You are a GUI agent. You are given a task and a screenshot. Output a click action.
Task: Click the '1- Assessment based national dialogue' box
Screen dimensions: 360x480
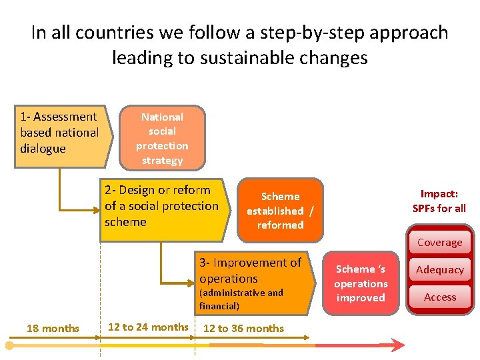coord(61,133)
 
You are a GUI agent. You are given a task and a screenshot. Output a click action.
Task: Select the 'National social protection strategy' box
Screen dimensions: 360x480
coord(162,138)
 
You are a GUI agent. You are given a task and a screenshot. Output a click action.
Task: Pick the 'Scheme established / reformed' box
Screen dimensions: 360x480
coord(280,211)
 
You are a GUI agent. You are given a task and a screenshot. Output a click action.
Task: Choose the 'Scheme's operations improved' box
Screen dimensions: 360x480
coord(361,283)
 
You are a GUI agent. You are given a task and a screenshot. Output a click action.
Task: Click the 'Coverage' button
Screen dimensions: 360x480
coord(440,243)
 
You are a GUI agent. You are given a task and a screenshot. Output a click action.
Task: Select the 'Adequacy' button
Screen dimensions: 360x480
coord(440,270)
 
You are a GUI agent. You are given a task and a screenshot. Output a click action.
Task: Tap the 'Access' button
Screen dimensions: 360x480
coord(440,297)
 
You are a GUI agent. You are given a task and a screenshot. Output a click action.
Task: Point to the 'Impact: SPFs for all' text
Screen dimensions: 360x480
coord(439,201)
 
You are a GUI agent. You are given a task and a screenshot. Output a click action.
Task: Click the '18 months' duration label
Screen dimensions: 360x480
coord(53,328)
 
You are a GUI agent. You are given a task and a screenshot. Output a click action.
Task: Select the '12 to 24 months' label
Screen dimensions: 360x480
coord(148,327)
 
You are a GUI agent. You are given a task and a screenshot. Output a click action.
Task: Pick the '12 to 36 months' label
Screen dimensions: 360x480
coord(243,328)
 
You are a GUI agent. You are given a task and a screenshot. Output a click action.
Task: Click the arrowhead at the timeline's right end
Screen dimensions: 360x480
coord(398,345)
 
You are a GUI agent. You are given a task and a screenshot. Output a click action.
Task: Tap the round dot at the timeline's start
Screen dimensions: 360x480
coord(9,345)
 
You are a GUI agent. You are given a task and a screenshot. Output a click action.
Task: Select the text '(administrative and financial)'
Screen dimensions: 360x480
coord(241,299)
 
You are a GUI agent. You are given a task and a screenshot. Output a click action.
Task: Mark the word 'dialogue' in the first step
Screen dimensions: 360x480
coord(43,149)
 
